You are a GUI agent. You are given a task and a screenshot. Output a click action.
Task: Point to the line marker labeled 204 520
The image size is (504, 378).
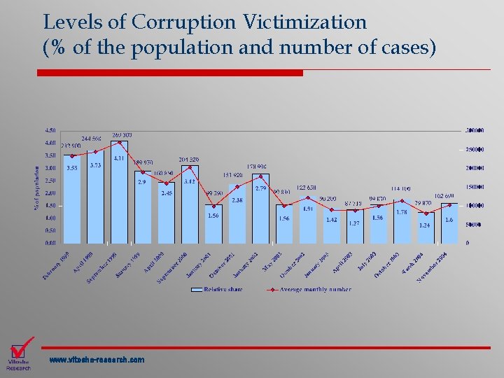point(190,167)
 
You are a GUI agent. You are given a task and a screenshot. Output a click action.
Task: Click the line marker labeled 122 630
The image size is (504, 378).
point(308,197)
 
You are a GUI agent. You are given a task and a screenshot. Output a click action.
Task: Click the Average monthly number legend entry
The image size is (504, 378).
point(316,289)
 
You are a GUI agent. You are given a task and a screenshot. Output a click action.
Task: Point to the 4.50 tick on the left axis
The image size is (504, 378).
point(50,130)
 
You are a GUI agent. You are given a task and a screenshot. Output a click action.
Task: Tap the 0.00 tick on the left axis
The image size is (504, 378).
point(50,244)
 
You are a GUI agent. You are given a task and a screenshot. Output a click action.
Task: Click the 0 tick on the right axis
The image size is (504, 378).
point(468,244)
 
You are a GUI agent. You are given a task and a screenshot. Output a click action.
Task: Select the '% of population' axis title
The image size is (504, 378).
point(36,185)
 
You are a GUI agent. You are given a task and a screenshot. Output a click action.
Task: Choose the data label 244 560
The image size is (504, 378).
point(92,139)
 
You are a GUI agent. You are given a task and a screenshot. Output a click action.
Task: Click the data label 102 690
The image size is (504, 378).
point(446,196)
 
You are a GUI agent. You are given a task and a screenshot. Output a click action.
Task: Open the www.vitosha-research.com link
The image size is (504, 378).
point(97,360)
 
